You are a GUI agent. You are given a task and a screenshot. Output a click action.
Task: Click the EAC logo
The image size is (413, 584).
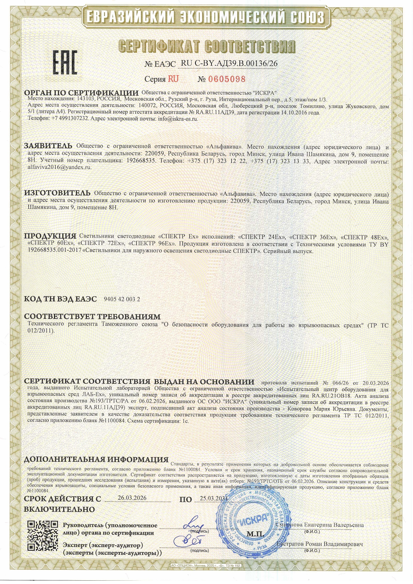click(65, 62)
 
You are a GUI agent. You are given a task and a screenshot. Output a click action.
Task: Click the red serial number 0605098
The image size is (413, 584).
click(226, 79)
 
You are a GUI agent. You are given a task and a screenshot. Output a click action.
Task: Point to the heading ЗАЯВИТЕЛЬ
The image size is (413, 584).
click(48, 146)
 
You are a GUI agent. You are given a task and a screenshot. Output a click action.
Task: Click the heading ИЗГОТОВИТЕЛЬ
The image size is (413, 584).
click(57, 193)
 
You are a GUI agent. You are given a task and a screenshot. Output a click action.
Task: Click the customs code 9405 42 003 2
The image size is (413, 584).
click(122, 299)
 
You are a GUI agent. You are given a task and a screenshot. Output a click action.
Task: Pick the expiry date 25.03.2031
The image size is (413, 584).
click(213, 498)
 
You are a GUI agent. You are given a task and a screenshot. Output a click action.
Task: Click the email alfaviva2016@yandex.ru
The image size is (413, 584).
click(59, 168)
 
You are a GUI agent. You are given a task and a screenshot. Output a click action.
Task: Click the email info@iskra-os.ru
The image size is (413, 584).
click(178, 119)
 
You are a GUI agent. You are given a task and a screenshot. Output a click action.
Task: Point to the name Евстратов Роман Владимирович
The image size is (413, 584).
click(320, 544)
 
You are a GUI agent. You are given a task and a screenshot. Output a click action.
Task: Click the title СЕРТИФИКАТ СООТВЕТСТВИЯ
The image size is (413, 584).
click(206, 47)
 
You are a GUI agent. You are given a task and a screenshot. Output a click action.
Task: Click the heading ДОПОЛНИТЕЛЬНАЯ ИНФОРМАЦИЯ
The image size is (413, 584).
click(96, 459)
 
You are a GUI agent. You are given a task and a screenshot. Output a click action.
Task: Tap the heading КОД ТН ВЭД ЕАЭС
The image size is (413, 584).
click(60, 299)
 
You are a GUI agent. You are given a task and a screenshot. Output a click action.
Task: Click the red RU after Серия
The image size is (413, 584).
click(173, 79)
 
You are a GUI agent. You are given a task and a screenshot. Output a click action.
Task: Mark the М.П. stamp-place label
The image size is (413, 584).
click(255, 534)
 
